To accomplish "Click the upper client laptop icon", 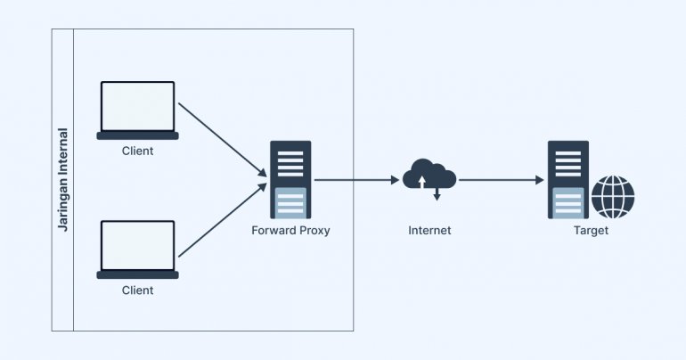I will pyautogui.click(x=137, y=110).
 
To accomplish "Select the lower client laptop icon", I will pyautogui.click(x=137, y=249).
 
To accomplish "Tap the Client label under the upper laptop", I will pyautogui.click(x=137, y=151).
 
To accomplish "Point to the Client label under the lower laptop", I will pyautogui.click(x=137, y=290).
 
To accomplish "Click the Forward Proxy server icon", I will pyautogui.click(x=290, y=179).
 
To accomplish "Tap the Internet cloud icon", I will pyautogui.click(x=429, y=175).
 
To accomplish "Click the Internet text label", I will pyautogui.click(x=429, y=230).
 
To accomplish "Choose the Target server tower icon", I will pyautogui.click(x=566, y=179).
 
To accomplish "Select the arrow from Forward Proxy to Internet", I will pyautogui.click(x=356, y=179).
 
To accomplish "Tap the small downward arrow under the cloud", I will pyautogui.click(x=437, y=193).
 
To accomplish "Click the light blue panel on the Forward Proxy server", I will pyautogui.click(x=290, y=202).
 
